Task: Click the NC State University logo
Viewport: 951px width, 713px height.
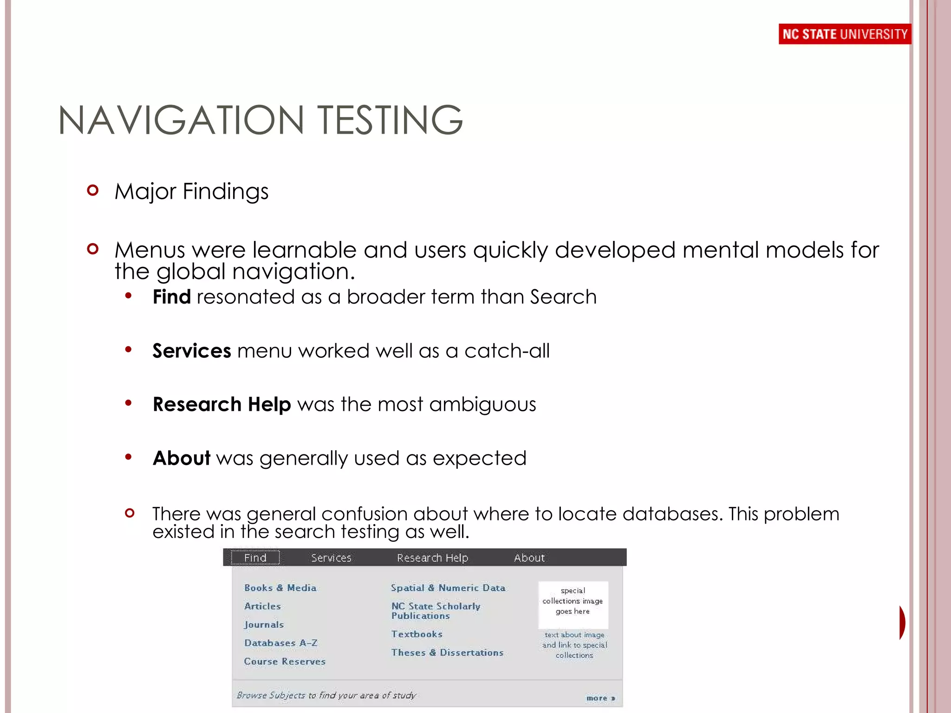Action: pyautogui.click(x=844, y=34)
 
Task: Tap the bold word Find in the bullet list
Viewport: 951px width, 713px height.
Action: pyautogui.click(x=171, y=297)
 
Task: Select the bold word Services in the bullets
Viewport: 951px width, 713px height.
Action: pyautogui.click(x=191, y=351)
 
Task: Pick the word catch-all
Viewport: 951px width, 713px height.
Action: pyautogui.click(x=507, y=351)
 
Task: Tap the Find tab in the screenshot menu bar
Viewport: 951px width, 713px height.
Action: pyautogui.click(x=255, y=557)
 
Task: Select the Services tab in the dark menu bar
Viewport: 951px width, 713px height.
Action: pyautogui.click(x=331, y=557)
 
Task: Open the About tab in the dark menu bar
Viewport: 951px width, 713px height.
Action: pyautogui.click(x=529, y=557)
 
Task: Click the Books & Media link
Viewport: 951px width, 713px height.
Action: pyautogui.click(x=280, y=588)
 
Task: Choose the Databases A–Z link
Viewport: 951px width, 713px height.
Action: pyautogui.click(x=280, y=643)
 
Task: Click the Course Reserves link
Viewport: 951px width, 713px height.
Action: pyautogui.click(x=285, y=661)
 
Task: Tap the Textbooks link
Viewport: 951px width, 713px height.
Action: pyautogui.click(x=417, y=634)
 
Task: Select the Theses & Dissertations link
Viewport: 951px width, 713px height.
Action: pyautogui.click(x=447, y=653)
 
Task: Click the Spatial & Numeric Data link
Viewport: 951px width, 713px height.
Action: pyautogui.click(x=448, y=588)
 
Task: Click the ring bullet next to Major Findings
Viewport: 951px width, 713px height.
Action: pyautogui.click(x=93, y=190)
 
